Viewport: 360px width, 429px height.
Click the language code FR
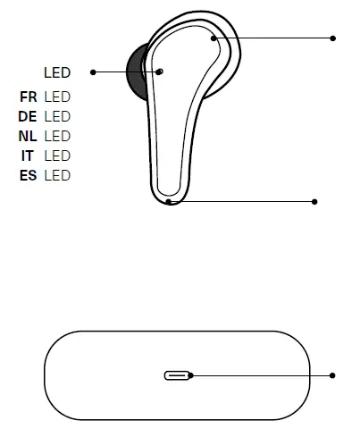pos(28,97)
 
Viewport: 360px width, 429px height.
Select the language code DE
pos(28,116)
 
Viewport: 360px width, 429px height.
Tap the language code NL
pos(28,136)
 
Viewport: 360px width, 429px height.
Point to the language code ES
pos(28,175)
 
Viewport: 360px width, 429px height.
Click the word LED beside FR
pos(56,97)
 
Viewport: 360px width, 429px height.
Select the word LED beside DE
pos(56,116)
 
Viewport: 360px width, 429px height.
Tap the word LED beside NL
pos(56,136)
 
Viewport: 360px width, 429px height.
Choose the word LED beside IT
pos(56,156)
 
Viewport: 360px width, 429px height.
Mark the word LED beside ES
pos(56,175)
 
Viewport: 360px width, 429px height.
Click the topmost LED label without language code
pos(56,72)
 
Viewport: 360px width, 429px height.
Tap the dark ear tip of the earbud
pos(136,73)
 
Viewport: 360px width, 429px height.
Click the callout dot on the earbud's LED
pos(160,71)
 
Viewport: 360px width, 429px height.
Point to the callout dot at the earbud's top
pos(213,38)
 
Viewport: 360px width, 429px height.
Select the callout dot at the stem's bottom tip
pos(170,202)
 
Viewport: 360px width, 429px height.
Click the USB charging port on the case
pos(178,375)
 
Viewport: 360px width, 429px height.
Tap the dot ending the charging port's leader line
pos(333,375)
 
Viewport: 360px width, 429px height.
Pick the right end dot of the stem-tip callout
pos(314,202)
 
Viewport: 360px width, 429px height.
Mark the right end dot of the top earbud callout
pos(333,38)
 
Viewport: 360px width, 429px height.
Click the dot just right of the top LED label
pos(93,72)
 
